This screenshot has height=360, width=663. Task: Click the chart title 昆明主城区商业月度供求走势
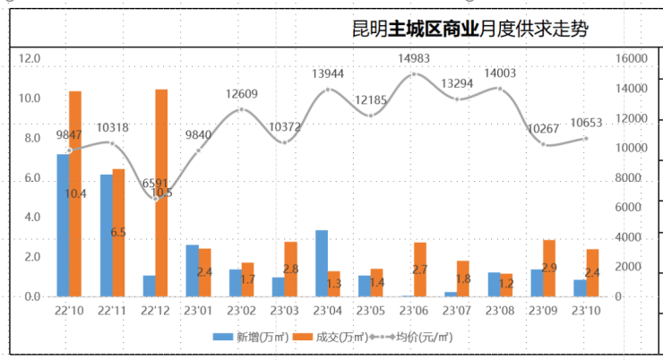470,30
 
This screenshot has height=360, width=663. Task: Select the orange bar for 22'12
161,193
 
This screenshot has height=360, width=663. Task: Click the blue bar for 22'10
63,225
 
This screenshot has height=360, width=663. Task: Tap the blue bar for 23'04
321,263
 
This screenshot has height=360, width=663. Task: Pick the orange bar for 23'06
419,270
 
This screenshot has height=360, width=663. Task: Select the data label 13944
328,73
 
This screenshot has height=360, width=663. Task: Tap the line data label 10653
585,123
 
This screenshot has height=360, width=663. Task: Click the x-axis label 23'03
284,311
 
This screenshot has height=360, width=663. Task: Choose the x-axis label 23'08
499,311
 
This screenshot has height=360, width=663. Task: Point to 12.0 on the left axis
30,59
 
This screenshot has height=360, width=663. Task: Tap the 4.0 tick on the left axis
30,218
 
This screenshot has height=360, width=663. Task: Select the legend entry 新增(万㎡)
245,338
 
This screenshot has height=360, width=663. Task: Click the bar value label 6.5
117,232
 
